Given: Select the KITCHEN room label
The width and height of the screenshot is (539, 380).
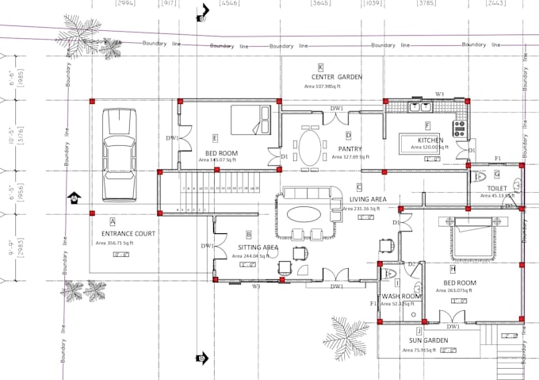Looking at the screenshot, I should pyautogui.click(x=431, y=140).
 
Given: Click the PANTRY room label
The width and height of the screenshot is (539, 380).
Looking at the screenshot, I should pyautogui.click(x=350, y=148).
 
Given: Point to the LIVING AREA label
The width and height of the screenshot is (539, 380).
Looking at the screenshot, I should pyautogui.click(x=368, y=199).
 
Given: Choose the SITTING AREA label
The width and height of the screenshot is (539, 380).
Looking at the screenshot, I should pyautogui.click(x=258, y=248).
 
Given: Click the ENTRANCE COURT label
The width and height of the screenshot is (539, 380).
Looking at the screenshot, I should pyautogui.click(x=123, y=234).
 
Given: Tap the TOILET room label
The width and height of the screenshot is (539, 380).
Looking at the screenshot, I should pyautogui.click(x=497, y=189).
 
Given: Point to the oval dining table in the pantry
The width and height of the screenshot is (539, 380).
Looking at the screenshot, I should pyautogui.click(x=309, y=146).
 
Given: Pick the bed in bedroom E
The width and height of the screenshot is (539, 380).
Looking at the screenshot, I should pyautogui.click(x=251, y=120).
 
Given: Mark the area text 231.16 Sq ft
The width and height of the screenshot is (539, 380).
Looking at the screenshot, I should pyautogui.click(x=361, y=208).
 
